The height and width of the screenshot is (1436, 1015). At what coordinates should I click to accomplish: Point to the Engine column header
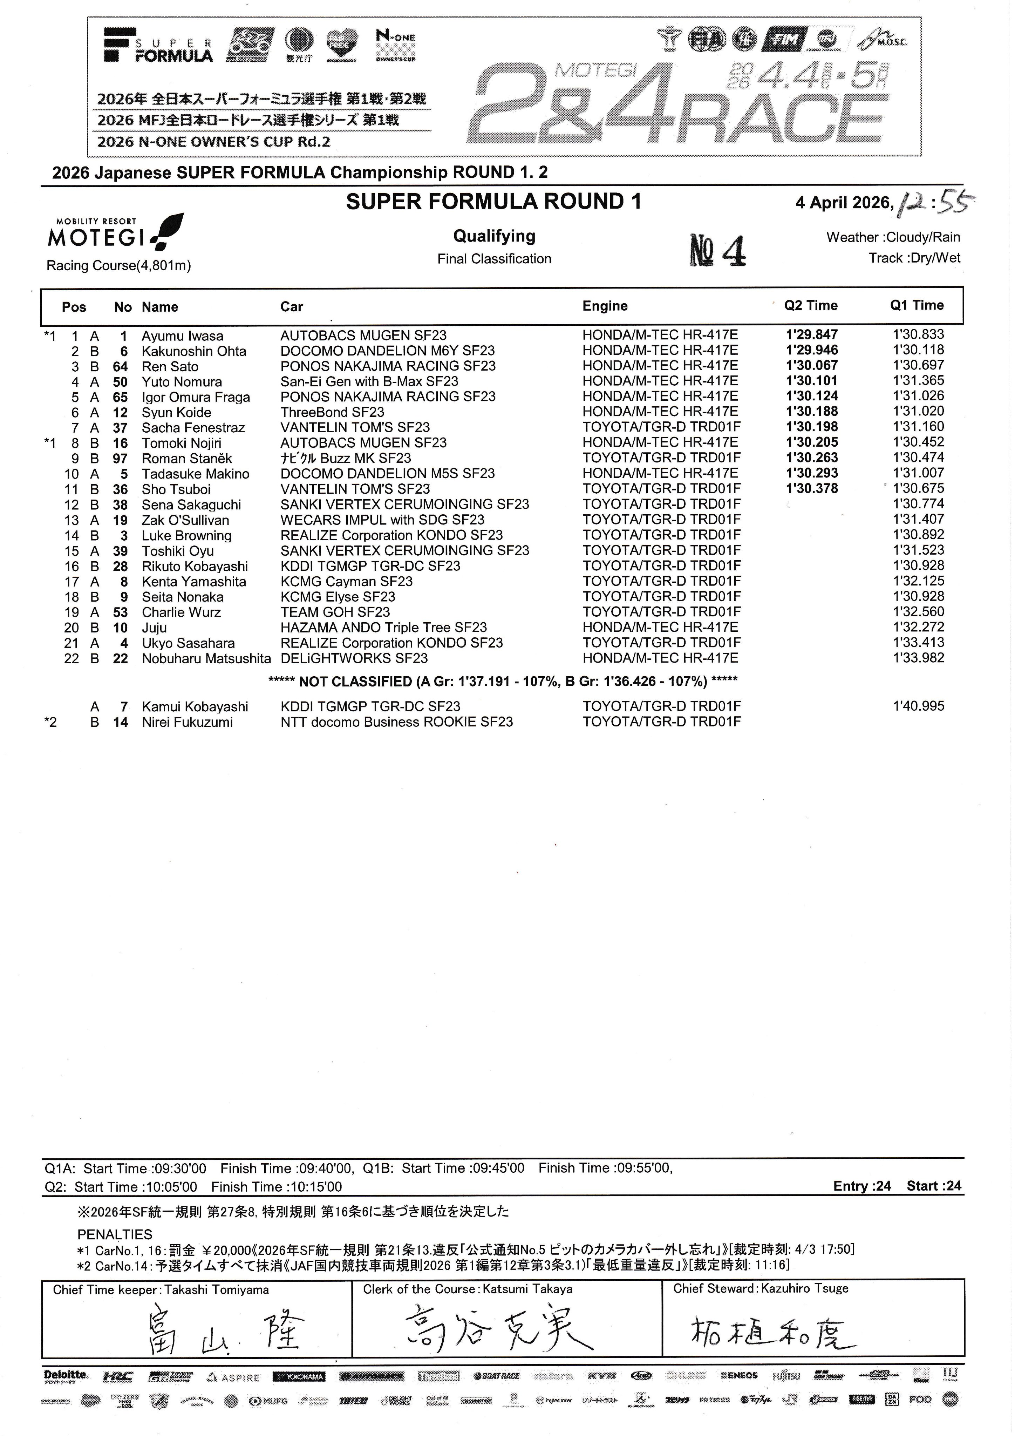(605, 306)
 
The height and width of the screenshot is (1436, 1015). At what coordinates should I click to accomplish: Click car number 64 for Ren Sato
(120, 366)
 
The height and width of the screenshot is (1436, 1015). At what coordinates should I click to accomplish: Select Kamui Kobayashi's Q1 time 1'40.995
(918, 706)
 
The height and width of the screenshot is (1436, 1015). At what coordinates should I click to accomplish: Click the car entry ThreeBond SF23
(332, 412)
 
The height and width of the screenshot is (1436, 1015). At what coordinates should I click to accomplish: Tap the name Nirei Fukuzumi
(187, 722)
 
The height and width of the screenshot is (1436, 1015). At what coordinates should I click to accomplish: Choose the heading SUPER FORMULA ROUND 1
(493, 202)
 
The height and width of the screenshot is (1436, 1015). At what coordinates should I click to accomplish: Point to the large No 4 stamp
(717, 250)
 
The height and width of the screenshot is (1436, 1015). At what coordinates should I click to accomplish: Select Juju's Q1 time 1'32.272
(918, 627)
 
